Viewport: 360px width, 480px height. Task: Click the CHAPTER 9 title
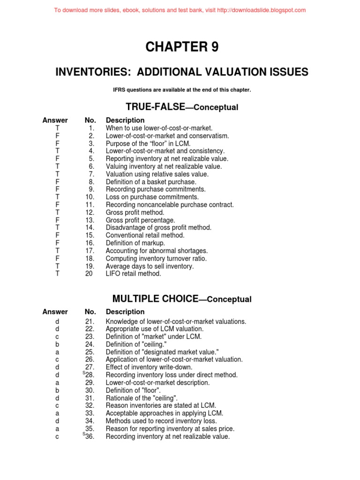point(182,47)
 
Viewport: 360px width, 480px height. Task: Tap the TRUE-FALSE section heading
point(181,107)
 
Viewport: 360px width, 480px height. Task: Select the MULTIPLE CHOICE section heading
point(181,299)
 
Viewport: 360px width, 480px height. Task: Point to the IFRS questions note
point(181,90)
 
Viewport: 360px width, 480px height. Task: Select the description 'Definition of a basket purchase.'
point(151,182)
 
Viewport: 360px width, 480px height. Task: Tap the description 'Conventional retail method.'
point(145,235)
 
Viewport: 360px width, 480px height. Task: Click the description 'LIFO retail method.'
point(134,274)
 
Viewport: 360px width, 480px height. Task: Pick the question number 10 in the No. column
point(90,197)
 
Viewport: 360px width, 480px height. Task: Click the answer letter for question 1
point(57,128)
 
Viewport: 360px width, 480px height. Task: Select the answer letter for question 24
point(57,344)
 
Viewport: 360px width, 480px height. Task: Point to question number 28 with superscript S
point(89,375)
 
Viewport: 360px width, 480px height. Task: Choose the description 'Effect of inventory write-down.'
point(149,367)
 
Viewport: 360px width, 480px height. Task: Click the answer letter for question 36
point(57,436)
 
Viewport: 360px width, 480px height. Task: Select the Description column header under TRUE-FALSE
point(125,120)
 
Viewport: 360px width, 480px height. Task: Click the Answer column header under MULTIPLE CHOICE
point(55,312)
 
